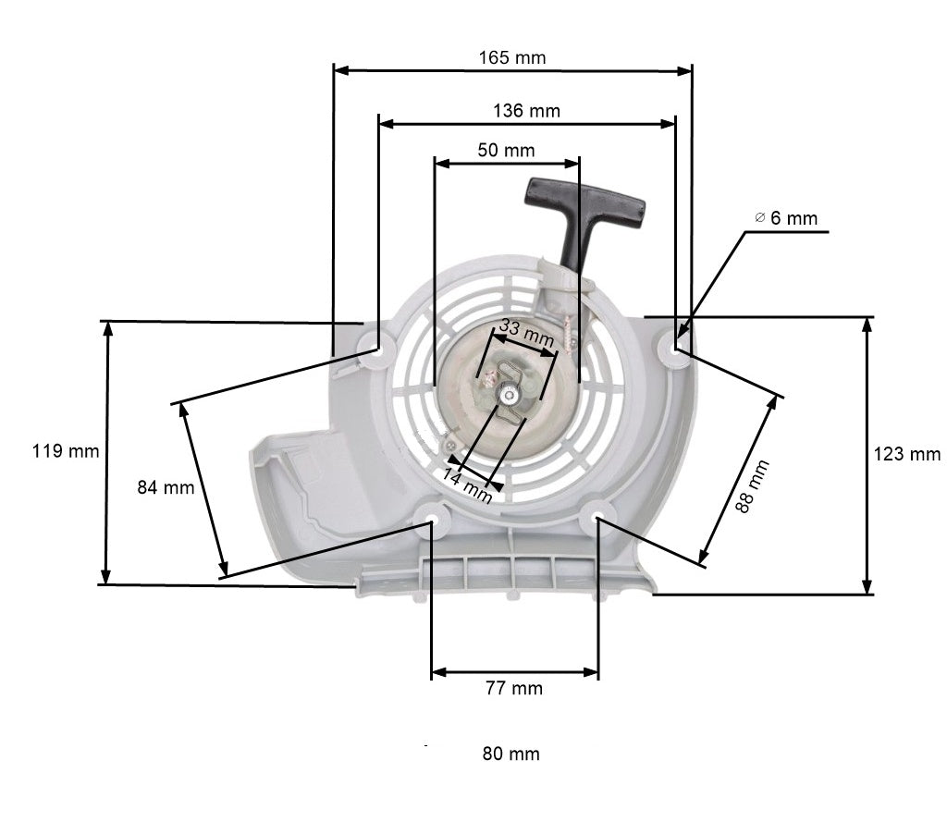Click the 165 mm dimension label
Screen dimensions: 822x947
[x=511, y=57]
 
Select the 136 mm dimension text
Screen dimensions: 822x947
[x=526, y=111]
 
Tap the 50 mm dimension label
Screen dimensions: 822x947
[x=506, y=149]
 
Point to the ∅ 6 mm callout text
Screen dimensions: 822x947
[x=786, y=218]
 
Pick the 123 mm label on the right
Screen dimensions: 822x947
[x=906, y=454]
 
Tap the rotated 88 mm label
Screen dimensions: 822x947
[x=752, y=486]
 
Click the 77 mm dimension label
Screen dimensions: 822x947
[x=514, y=688]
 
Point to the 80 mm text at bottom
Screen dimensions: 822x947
[x=510, y=754]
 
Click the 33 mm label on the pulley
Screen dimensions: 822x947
[x=526, y=334]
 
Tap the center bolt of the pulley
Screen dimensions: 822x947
[x=510, y=395]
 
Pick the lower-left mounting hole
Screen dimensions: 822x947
[x=430, y=515]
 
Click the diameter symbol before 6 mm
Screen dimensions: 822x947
[x=758, y=218]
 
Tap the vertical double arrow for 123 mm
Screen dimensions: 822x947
[x=867, y=455]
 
